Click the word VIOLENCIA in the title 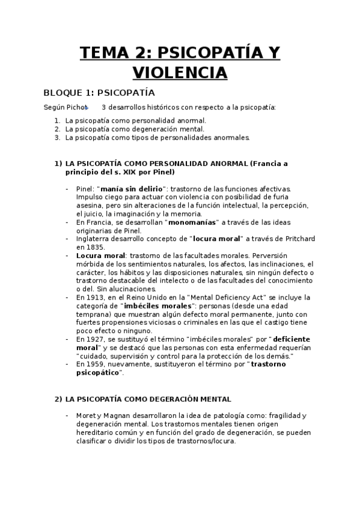point(180,72)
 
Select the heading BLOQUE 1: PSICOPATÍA point(99,93)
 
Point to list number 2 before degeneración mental point(57,129)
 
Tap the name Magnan point(117,416)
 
